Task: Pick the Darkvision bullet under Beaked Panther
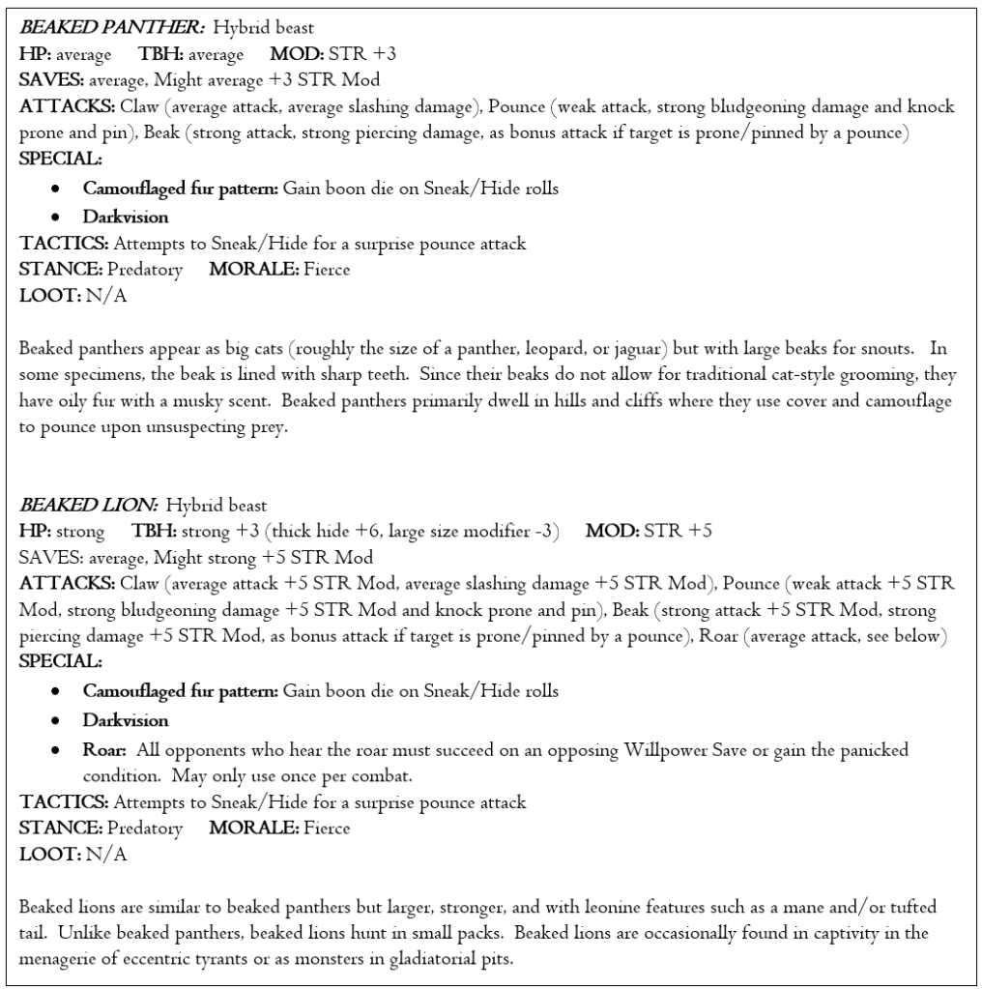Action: coord(125,217)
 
